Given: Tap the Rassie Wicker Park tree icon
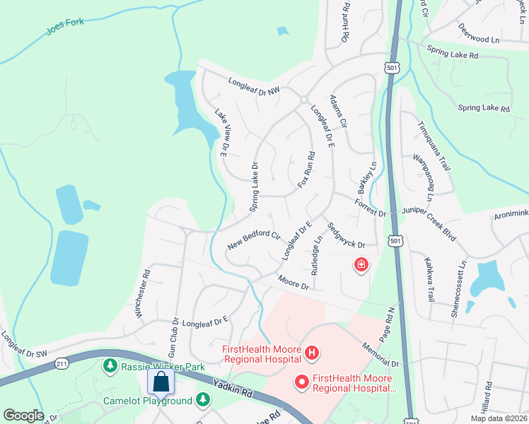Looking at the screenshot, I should (x=110, y=365).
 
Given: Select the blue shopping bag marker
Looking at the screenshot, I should (x=161, y=382).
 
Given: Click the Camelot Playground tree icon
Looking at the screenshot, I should (x=203, y=401).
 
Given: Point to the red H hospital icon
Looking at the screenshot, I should (x=312, y=351).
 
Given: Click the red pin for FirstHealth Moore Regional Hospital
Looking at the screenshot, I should (x=302, y=382).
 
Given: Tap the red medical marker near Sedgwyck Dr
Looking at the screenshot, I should (x=361, y=265).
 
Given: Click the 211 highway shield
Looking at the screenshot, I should (x=62, y=364).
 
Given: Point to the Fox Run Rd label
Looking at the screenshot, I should (x=306, y=173).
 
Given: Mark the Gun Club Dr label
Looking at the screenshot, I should (x=171, y=338).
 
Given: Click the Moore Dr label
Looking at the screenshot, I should (x=293, y=283).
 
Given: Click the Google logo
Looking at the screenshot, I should (x=23, y=416).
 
